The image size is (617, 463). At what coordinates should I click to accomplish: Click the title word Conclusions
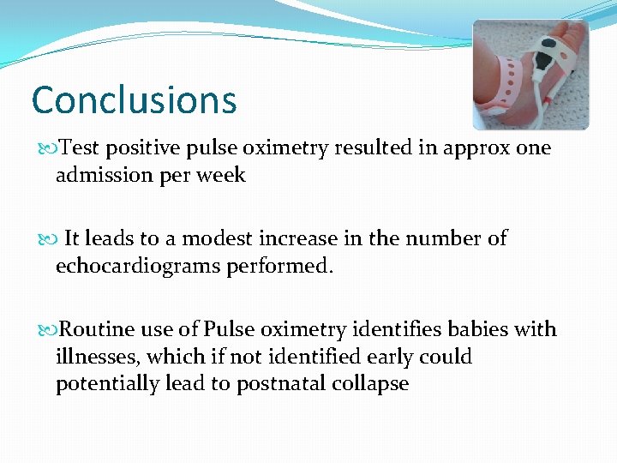(134, 99)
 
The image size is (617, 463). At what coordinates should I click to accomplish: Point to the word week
(223, 175)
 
